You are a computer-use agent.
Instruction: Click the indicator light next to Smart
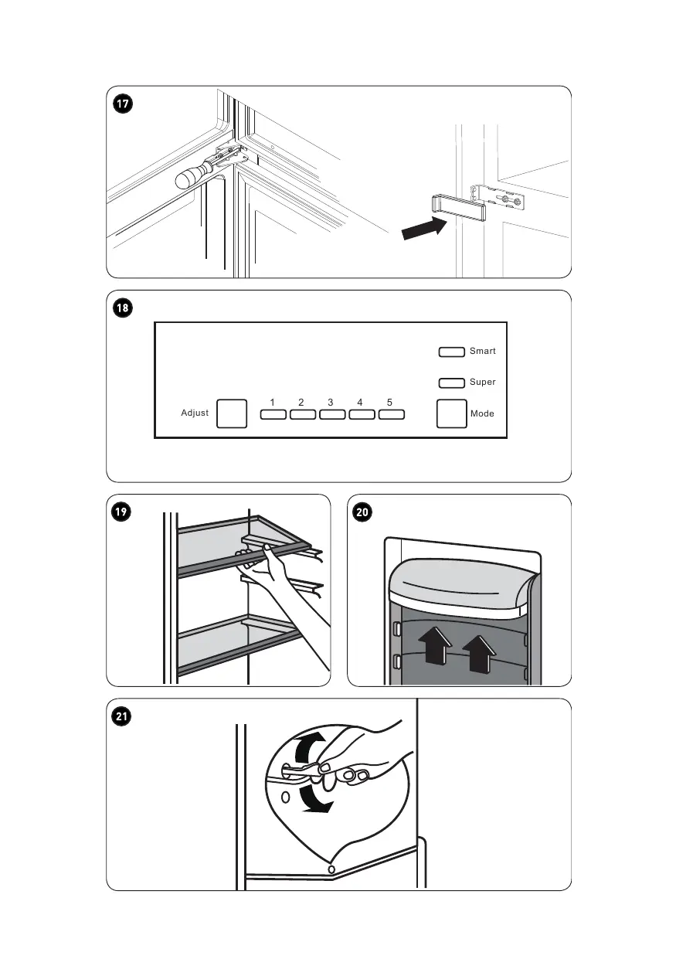(451, 352)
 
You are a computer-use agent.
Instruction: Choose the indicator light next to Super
(451, 383)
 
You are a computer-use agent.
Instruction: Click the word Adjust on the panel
(195, 413)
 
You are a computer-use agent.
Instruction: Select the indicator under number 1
(273, 415)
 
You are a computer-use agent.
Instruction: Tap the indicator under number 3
(332, 415)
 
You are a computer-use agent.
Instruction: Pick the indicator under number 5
(392, 415)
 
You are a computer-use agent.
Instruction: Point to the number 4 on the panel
(360, 403)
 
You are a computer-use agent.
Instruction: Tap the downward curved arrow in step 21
(314, 800)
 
